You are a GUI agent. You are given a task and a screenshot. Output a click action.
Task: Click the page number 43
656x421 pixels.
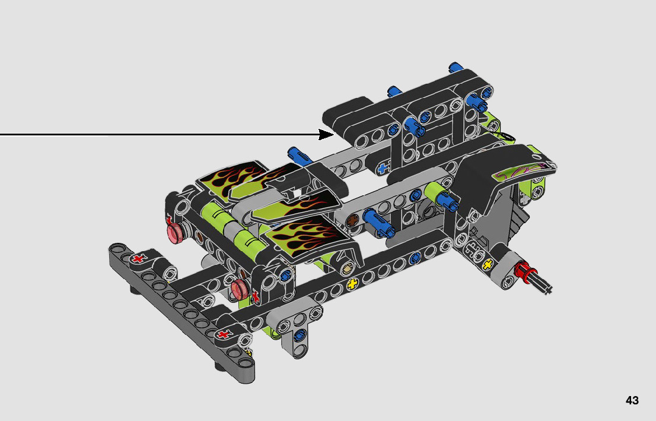click(x=632, y=400)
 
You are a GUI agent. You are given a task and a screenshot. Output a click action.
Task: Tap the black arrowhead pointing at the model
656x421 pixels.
click(x=326, y=134)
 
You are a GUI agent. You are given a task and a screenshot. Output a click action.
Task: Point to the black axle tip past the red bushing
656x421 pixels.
click(x=542, y=284)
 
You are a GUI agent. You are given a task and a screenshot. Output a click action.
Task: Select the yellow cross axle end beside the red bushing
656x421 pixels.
click(x=488, y=264)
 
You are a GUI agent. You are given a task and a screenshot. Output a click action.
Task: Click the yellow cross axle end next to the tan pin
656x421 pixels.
click(x=353, y=284)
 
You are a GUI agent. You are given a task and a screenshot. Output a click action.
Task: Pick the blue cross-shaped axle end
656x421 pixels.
click(x=383, y=169)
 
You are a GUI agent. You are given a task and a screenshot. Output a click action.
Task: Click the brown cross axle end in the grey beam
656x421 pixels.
click(x=354, y=219)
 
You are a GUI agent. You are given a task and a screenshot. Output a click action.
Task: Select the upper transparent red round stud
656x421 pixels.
click(x=176, y=232)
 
